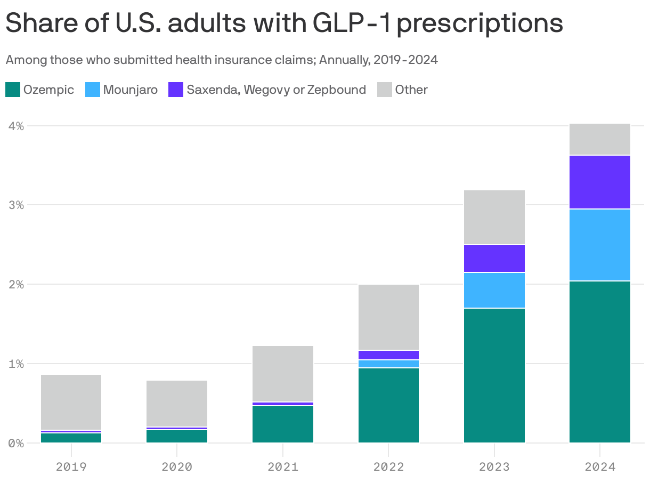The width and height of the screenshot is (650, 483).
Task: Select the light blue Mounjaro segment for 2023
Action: (x=494, y=291)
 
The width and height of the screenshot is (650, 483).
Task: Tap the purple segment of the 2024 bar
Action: (x=600, y=182)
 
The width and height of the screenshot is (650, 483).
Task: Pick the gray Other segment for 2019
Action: (x=71, y=402)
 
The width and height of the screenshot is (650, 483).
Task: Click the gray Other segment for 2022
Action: (x=388, y=317)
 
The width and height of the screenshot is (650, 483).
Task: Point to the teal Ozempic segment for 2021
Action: (x=282, y=424)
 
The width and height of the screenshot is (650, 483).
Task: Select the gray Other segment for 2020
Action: (x=177, y=404)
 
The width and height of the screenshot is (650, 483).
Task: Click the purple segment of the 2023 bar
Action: (x=494, y=259)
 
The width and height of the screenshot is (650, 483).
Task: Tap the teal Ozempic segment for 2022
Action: (x=388, y=405)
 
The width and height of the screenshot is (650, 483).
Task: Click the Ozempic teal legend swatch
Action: (x=13, y=90)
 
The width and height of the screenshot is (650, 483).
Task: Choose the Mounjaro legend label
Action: (x=130, y=90)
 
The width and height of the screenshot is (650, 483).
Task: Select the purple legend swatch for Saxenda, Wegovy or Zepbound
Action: (x=176, y=90)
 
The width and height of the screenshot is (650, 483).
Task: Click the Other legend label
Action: (x=411, y=90)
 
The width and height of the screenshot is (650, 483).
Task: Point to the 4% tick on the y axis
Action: (x=15, y=126)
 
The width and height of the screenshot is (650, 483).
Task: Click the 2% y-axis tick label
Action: (x=15, y=284)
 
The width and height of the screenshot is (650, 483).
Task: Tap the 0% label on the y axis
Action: (x=15, y=443)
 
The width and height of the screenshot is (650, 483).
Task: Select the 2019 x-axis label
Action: (x=71, y=467)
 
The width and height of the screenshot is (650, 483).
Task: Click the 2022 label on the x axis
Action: (x=388, y=467)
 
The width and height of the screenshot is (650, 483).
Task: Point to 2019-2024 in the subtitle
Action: (x=405, y=60)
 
